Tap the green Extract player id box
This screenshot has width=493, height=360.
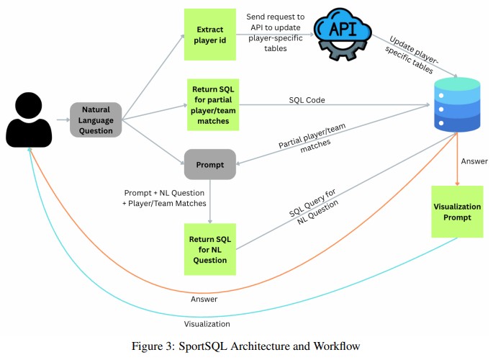click(x=209, y=33)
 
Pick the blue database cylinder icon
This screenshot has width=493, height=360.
click(x=456, y=107)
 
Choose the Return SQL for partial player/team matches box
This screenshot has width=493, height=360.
click(x=209, y=105)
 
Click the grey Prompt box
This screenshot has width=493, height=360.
click(x=209, y=164)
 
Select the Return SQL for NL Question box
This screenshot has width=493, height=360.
click(x=209, y=249)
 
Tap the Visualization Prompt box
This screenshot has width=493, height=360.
click(x=456, y=212)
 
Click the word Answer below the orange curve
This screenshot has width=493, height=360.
click(x=204, y=298)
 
